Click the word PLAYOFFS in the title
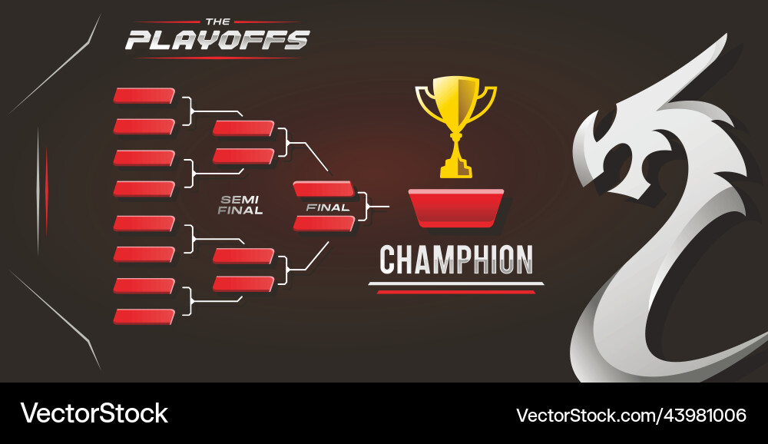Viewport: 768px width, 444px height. click(217, 40)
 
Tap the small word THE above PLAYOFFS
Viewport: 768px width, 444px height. click(218, 22)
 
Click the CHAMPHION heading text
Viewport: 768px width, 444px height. click(456, 260)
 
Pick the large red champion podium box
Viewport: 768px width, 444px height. click(456, 207)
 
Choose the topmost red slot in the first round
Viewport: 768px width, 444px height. click(144, 95)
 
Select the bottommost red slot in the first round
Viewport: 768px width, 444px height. click(144, 316)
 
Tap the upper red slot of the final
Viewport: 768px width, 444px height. click(323, 189)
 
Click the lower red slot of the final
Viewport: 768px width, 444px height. click(323, 224)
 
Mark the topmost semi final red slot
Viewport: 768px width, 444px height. click(243, 128)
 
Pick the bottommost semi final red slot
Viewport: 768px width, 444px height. click(243, 283)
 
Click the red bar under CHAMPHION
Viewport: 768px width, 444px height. click(456, 292)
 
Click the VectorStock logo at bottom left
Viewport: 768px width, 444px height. click(94, 413)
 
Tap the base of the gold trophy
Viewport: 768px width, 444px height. click(456, 167)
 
